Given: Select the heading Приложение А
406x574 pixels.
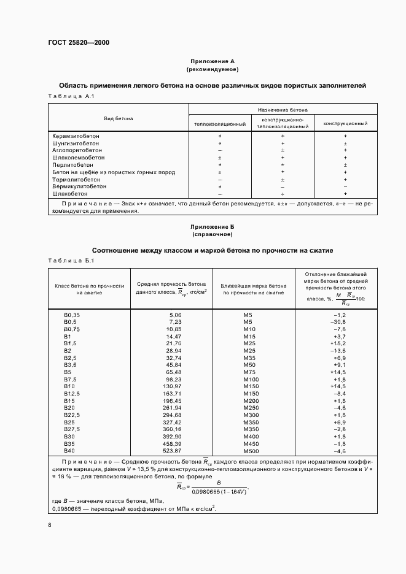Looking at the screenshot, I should (213, 61).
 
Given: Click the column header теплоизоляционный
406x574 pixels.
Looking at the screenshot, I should (220, 124).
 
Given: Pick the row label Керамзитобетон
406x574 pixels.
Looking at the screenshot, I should (76, 136).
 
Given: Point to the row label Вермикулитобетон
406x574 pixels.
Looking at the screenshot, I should (79, 186).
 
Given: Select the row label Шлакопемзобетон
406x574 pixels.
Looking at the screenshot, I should (78, 158).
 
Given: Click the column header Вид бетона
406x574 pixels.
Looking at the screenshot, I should (118, 118).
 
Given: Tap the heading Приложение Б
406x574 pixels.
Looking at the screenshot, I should (213, 226).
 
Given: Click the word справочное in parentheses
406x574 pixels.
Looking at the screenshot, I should (213, 234).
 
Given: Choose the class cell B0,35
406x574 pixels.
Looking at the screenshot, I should (72, 315).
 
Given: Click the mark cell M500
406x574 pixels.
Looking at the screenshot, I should (249, 451).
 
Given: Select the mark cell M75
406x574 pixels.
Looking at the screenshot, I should (249, 372).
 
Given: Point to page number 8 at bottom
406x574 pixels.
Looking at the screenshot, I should (50, 525).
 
